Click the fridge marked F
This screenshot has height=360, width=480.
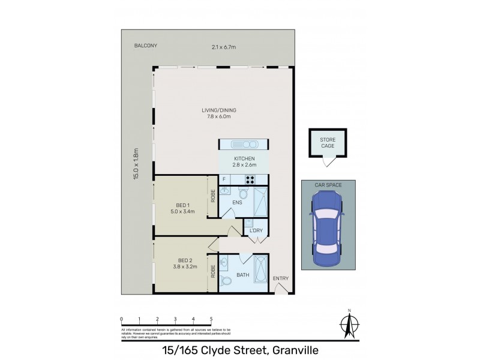(x=224, y=179)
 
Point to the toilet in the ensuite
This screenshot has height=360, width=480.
(x=243, y=193)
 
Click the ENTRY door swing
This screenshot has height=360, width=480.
(x=281, y=289)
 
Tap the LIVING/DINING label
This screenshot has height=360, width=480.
(x=218, y=109)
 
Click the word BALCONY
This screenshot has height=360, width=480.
(x=146, y=46)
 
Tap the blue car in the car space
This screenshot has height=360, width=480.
(x=326, y=225)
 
